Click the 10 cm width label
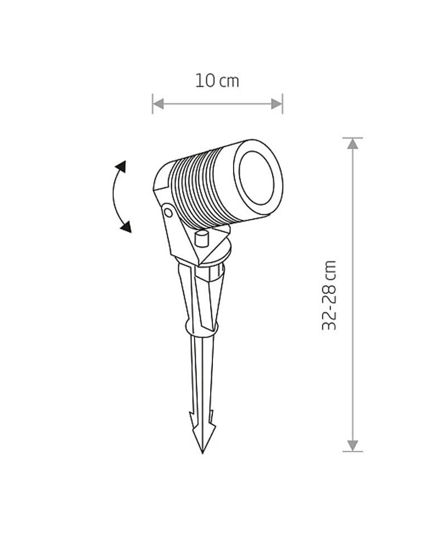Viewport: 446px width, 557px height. click(217, 81)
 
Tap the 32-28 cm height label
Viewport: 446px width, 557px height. click(329, 296)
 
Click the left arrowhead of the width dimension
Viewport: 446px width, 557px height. click(158, 104)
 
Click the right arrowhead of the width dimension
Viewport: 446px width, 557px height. click(277, 104)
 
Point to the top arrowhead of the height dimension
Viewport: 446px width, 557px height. click(352, 144)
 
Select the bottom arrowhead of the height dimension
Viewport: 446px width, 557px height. click(352, 446)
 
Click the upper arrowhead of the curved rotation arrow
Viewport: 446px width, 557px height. click(121, 166)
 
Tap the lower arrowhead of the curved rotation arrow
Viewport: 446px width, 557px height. click(126, 227)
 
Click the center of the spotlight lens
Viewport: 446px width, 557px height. click(256, 178)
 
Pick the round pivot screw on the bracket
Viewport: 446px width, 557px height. click(168, 213)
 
